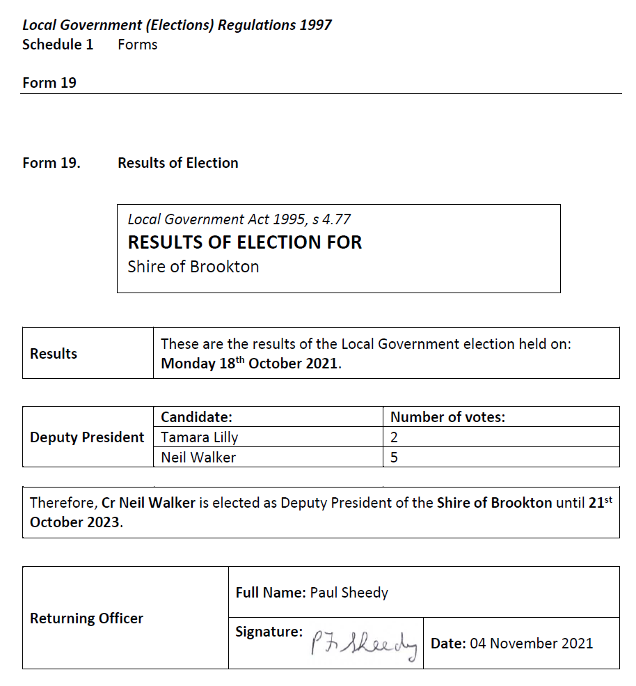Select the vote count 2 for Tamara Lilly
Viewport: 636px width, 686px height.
coord(394,437)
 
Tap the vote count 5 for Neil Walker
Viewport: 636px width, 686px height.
coord(394,458)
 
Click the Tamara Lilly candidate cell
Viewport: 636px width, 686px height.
coord(199,437)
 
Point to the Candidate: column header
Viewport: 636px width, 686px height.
coord(196,417)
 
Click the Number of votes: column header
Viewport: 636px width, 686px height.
coord(447,417)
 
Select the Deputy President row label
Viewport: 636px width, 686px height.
coord(87,437)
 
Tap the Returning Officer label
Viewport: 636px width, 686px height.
coord(86,618)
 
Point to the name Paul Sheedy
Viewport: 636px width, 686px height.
coord(349,593)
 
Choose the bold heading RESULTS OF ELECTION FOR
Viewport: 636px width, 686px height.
coord(245,242)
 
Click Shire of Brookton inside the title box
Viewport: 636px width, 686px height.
coord(193,267)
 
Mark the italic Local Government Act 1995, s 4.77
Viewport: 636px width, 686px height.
coord(239,219)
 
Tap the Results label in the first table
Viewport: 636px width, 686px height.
coord(54,354)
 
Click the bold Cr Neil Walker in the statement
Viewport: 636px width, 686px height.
coord(148,503)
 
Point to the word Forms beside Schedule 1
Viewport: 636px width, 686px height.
coord(138,45)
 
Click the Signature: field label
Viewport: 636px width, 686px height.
coord(269,632)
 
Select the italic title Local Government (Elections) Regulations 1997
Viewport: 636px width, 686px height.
coord(177,25)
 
